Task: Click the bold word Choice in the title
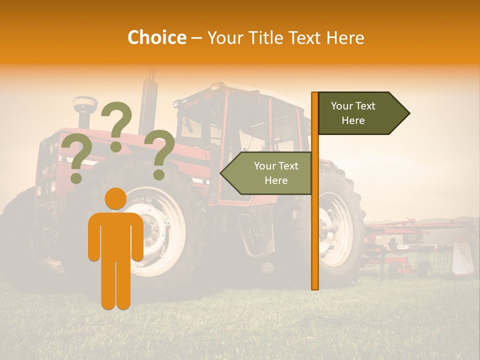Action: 156,37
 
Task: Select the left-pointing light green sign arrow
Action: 267,173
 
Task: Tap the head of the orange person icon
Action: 115,199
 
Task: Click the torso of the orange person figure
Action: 115,235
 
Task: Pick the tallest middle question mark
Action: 116,125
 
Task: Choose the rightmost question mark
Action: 159,152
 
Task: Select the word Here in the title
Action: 345,37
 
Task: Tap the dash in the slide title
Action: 196,38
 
